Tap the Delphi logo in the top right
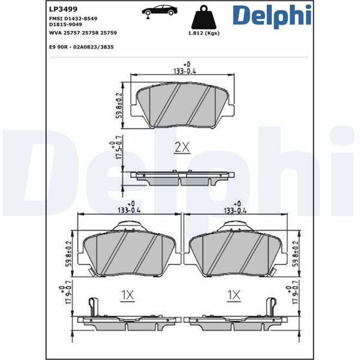coord(272,16)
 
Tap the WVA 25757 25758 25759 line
coord(82,33)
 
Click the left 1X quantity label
coord(126,295)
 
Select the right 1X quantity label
coord(233,295)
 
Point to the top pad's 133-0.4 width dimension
coord(181,69)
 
